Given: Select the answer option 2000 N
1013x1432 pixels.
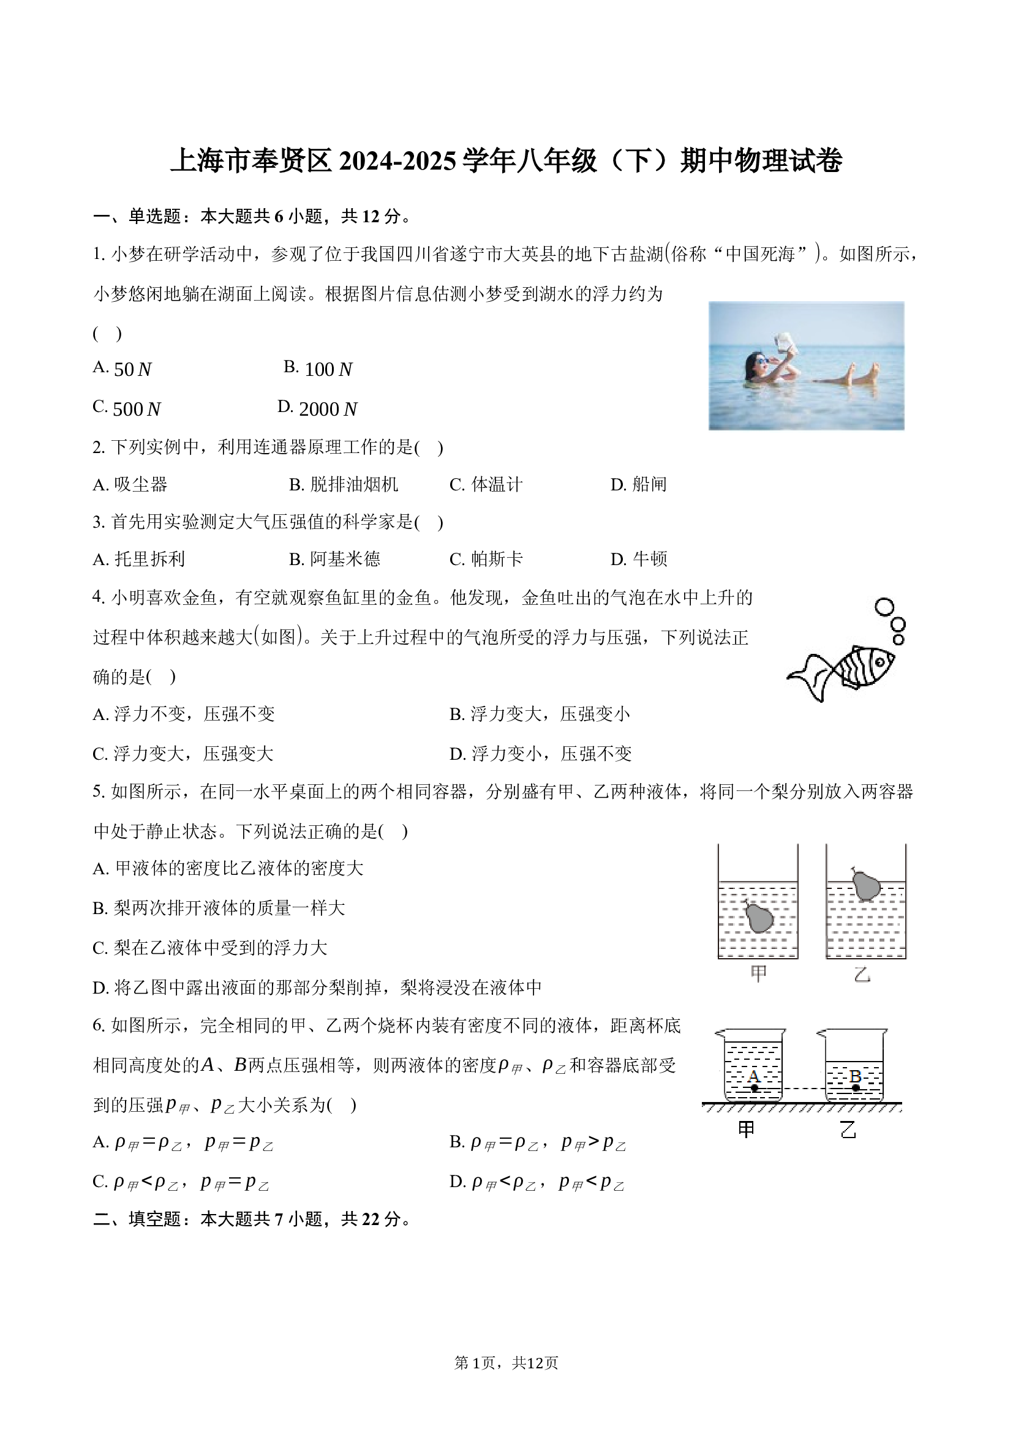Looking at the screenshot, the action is pos(317,408).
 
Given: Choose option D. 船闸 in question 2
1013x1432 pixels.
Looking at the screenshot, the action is pos(638,485).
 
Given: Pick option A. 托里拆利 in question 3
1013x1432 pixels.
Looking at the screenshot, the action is pos(138,559).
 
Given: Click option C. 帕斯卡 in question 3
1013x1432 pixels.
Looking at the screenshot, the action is pos(486,559).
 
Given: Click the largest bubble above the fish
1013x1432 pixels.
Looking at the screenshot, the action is pos(884,607).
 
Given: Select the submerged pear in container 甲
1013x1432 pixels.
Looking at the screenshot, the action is pos(758,917).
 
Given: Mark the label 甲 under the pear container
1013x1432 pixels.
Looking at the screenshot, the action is pos(758,974).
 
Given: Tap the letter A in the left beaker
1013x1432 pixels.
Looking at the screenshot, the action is pos(753,1076).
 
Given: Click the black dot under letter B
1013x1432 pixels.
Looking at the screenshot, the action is pos(856,1088).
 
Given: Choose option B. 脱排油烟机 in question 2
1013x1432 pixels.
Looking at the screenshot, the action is pos(343,485).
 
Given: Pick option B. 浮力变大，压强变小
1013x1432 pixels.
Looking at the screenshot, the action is pos(540,714).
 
